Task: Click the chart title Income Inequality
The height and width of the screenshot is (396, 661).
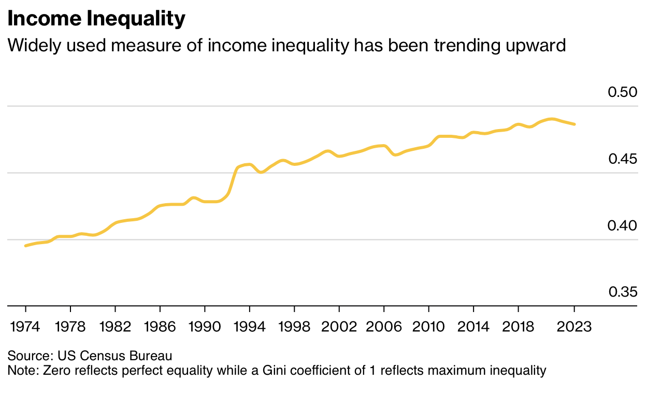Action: pyautogui.click(x=96, y=19)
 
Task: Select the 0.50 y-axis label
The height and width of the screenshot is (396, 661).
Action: pyautogui.click(x=623, y=93)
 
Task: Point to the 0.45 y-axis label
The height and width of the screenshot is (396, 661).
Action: pyautogui.click(x=623, y=159)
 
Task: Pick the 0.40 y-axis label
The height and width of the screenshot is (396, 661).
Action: pyautogui.click(x=623, y=225)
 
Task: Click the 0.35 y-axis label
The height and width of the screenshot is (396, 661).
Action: pyautogui.click(x=623, y=292)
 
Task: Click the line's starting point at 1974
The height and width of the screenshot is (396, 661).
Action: pyautogui.click(x=25, y=245)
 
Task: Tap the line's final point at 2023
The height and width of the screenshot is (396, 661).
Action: pyautogui.click(x=574, y=124)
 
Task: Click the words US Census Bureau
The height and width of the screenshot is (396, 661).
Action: pyautogui.click(x=115, y=356)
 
